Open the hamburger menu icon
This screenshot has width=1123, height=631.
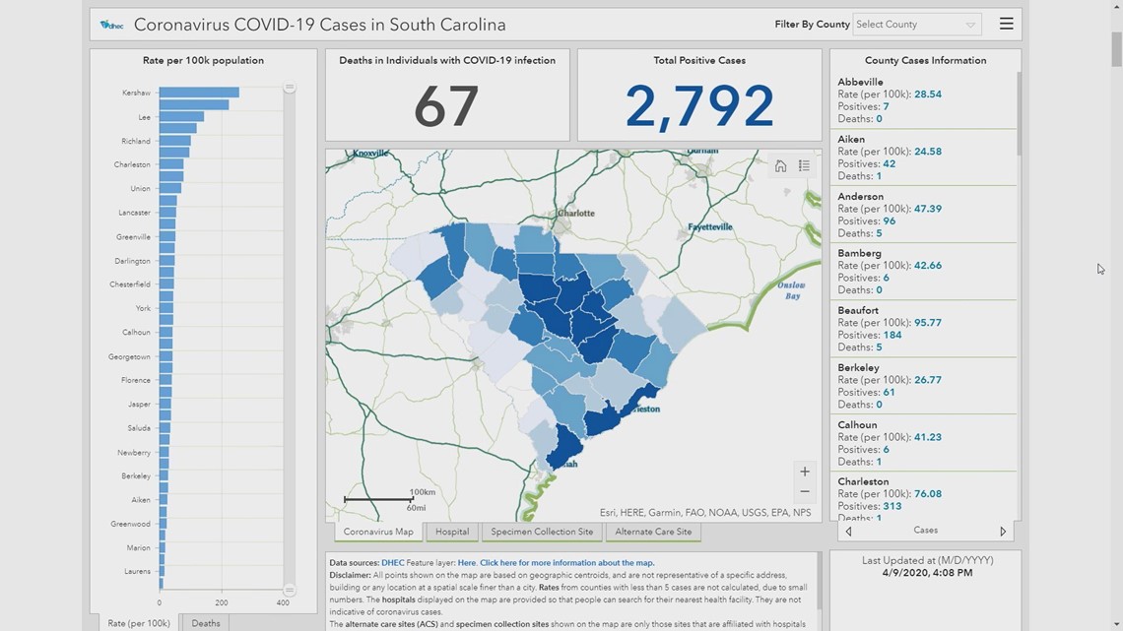click(1006, 24)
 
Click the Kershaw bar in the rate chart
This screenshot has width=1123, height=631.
click(199, 93)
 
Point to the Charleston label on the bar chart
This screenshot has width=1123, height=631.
click(132, 164)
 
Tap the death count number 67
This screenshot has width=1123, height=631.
click(446, 106)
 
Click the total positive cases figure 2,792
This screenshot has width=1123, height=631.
click(699, 106)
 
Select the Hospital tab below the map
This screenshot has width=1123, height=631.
click(452, 532)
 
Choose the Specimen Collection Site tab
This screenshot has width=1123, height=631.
click(542, 532)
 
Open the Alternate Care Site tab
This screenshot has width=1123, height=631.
click(653, 532)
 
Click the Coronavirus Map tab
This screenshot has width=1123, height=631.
click(378, 532)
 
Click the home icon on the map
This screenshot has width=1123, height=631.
click(780, 166)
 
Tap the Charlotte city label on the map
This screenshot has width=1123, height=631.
click(576, 213)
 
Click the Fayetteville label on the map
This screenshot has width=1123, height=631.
click(710, 226)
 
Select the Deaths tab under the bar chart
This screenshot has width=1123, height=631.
click(206, 623)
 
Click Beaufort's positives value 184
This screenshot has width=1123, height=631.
click(892, 335)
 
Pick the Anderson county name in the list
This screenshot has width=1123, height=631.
click(860, 196)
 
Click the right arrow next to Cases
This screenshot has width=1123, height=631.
click(1003, 531)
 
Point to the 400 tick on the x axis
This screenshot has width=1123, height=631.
click(283, 602)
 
